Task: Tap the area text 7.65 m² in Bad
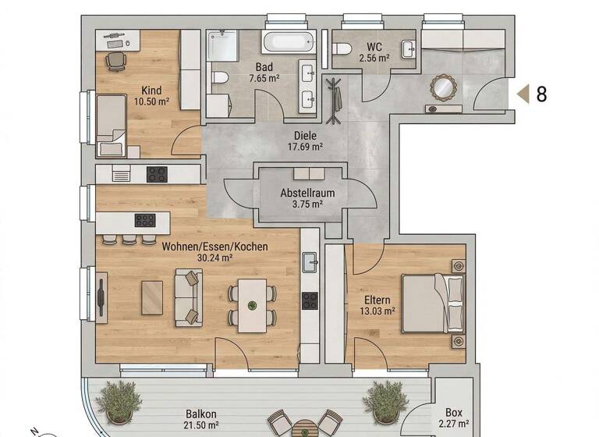tap(264, 79)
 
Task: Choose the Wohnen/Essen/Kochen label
tap(214, 247)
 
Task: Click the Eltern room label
tap(377, 299)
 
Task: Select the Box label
tap(453, 413)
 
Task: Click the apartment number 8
tap(541, 94)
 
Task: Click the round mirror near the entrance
tap(443, 87)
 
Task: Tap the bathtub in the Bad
tap(289, 41)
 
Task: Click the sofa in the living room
tap(188, 297)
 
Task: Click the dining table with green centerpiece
tap(251, 304)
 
